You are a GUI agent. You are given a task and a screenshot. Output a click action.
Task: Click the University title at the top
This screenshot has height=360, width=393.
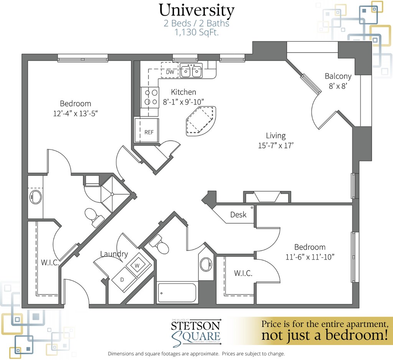(x=196, y=10)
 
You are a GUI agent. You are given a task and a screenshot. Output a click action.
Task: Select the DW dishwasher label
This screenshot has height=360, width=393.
(x=170, y=72)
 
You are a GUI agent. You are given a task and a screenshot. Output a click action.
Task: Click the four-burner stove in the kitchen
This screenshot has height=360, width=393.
(x=150, y=97)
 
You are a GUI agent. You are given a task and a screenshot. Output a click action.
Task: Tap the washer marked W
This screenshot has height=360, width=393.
(x=137, y=265)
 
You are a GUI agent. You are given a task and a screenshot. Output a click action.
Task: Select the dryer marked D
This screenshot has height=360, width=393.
(x=122, y=279)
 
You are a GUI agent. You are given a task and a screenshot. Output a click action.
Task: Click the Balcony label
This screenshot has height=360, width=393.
(x=338, y=76)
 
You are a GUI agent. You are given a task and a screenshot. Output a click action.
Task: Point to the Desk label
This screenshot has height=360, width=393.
(x=238, y=215)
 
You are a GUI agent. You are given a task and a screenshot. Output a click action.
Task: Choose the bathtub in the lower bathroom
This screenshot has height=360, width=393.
(x=177, y=294)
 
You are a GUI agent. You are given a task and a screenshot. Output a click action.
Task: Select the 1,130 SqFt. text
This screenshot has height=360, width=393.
(x=196, y=33)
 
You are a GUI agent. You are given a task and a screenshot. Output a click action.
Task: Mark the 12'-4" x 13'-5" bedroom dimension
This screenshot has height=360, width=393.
(x=76, y=113)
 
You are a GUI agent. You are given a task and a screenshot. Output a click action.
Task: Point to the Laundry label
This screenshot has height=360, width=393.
(x=114, y=254)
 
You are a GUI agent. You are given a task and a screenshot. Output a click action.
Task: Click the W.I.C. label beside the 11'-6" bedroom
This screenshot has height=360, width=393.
(x=243, y=273)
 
